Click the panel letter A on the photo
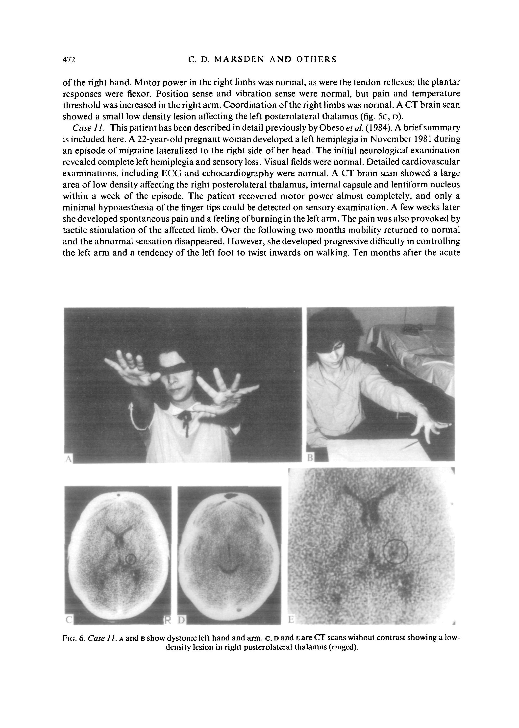68,459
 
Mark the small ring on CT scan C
131,559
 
